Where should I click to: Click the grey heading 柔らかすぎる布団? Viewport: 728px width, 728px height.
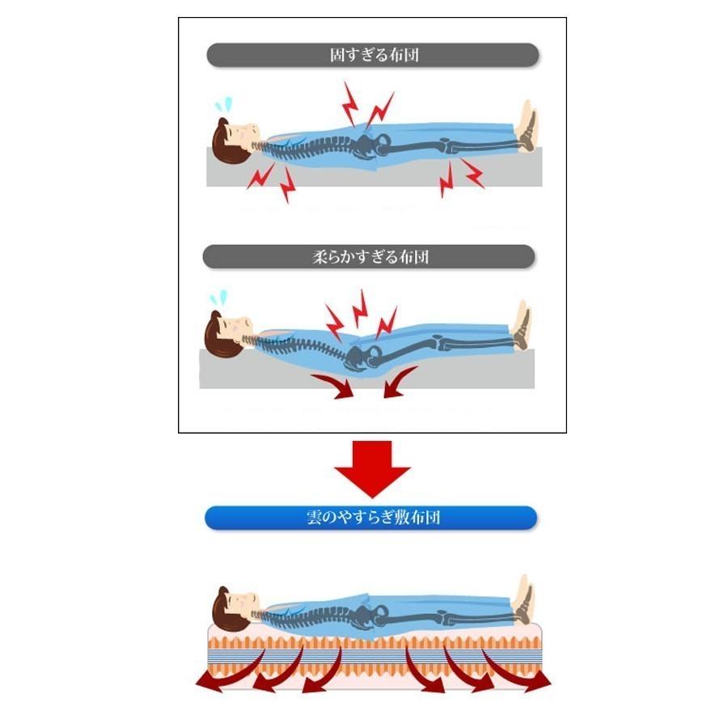(369, 256)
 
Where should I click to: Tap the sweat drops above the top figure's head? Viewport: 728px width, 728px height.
(224, 105)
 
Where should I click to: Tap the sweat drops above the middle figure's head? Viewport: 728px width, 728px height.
(218, 297)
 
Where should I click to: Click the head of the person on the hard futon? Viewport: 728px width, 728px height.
(234, 140)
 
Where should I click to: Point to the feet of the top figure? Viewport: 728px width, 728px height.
(528, 126)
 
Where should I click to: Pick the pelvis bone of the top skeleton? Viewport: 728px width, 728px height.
(370, 146)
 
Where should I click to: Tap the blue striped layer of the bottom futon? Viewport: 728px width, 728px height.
(375, 657)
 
